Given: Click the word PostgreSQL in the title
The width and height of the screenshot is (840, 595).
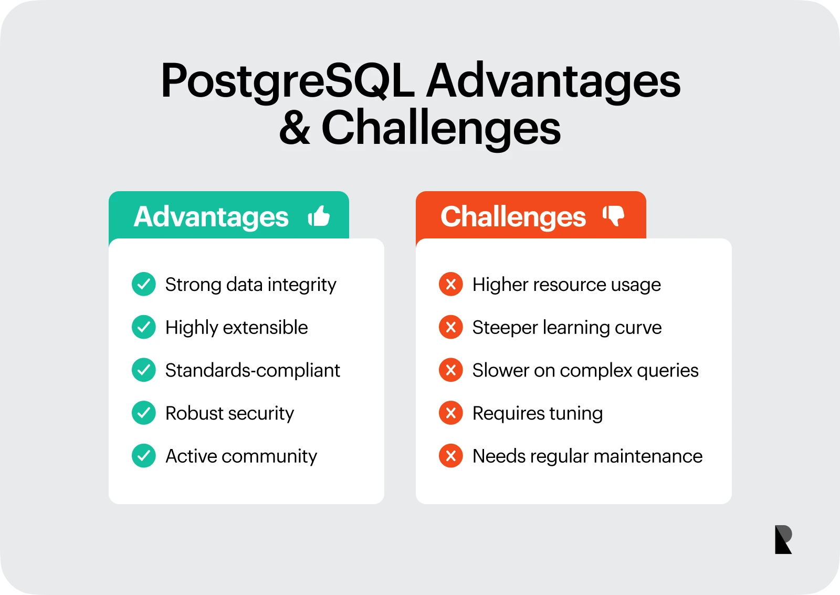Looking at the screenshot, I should pyautogui.click(x=288, y=81).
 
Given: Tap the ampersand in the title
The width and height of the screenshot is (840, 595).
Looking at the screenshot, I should pyautogui.click(x=295, y=128).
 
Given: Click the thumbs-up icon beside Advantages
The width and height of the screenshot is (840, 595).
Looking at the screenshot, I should pyautogui.click(x=319, y=216).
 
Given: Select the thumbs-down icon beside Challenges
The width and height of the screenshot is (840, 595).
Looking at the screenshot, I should pyautogui.click(x=613, y=215).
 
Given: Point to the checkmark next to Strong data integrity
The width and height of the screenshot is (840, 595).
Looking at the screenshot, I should pyautogui.click(x=143, y=284).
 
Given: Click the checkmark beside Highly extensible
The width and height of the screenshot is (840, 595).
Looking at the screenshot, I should pyautogui.click(x=143, y=327).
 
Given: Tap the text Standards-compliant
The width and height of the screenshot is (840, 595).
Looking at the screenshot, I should pyautogui.click(x=253, y=370).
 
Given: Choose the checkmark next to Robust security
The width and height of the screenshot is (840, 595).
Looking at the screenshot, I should pyautogui.click(x=143, y=413).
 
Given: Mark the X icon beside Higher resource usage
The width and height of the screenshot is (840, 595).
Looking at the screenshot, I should pyautogui.click(x=450, y=284).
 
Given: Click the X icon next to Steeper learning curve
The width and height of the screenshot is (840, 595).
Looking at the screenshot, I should pyautogui.click(x=450, y=327).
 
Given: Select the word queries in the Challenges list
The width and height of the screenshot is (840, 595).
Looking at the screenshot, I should pyautogui.click(x=667, y=371).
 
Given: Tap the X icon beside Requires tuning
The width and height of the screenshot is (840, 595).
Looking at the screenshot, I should pyautogui.click(x=450, y=413).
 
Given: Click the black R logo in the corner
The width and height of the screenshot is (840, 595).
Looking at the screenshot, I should pyautogui.click(x=783, y=539).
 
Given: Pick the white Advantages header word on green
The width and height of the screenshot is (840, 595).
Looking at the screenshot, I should pyautogui.click(x=211, y=216).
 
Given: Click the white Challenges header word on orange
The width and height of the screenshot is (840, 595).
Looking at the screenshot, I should pyautogui.click(x=513, y=216).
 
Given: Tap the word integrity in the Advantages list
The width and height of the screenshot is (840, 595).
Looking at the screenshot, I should pyautogui.click(x=302, y=285).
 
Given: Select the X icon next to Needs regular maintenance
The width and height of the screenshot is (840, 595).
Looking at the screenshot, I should pyautogui.click(x=450, y=456).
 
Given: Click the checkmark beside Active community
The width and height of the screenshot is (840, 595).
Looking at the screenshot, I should pyautogui.click(x=143, y=456).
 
